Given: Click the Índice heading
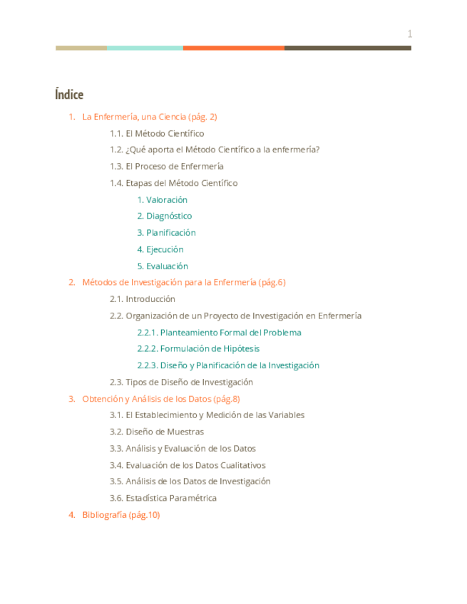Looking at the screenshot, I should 69,95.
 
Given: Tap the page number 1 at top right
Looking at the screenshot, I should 410,33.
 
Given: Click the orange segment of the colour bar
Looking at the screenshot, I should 233,48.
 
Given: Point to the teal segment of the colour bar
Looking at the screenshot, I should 145,48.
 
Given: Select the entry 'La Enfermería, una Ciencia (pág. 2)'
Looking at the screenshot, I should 149,117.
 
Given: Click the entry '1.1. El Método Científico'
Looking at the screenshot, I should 157,133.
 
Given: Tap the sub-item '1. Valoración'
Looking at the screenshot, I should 163,200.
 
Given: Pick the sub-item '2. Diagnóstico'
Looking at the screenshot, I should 165,216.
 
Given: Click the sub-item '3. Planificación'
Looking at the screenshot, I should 166,233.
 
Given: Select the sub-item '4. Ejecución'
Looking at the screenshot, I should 160,249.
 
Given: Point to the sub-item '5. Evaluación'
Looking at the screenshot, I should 163,266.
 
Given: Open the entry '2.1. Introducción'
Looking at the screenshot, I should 142,299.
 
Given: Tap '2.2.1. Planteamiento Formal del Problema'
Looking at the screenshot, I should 219,333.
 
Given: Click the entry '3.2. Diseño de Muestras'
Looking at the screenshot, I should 156,432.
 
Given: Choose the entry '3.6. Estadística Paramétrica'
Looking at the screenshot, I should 163,498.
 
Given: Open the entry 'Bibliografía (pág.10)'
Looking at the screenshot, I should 120,515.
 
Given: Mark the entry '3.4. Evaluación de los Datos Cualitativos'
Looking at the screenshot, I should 188,465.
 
